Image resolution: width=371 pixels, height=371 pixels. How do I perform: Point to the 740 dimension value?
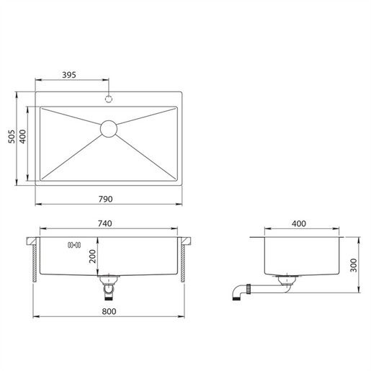[x=105, y=224]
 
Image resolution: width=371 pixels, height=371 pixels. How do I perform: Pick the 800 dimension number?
[x=109, y=310]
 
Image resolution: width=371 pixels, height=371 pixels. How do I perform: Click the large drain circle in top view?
[x=109, y=128]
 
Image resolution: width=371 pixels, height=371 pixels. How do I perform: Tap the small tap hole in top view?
[x=109, y=98]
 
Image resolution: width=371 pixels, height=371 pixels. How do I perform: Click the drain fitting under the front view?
[x=108, y=287]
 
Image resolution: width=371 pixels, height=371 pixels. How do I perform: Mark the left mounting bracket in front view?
[x=35, y=259]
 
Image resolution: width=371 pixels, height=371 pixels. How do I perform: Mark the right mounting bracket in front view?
[x=187, y=259]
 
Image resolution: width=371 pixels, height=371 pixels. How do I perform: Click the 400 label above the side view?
[x=300, y=224]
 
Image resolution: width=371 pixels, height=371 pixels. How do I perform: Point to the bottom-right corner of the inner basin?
[x=177, y=180]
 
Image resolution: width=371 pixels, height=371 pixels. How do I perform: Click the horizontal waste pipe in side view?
[x=267, y=289]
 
